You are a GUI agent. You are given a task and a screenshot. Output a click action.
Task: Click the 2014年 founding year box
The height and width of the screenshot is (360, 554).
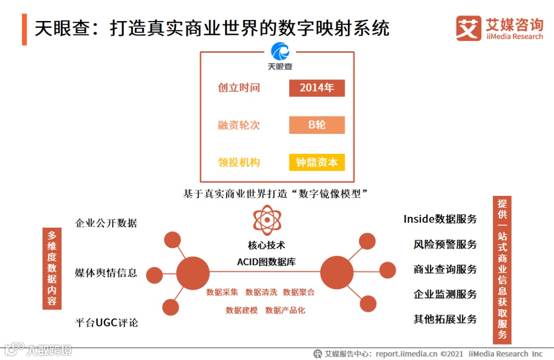tap(316, 88)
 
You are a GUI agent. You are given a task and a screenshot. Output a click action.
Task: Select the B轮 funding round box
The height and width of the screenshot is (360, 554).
tap(316, 125)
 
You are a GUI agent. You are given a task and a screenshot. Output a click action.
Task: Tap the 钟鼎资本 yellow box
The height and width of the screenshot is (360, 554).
tap(316, 163)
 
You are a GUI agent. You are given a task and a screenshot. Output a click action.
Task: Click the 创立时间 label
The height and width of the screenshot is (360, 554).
tap(239, 88)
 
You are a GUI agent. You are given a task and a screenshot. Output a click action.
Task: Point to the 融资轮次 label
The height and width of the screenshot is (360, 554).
tap(239, 125)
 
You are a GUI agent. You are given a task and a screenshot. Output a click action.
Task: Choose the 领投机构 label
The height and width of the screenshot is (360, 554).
tap(239, 163)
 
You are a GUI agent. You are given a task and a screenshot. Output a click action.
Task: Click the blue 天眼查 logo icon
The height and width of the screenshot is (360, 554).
tap(280, 52)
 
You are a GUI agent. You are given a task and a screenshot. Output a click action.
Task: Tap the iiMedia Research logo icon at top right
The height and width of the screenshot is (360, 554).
tap(468, 28)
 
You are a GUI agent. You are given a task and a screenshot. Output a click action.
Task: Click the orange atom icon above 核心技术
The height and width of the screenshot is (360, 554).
tap(267, 220)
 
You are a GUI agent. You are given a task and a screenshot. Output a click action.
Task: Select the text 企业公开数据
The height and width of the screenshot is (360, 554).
tap(106, 223)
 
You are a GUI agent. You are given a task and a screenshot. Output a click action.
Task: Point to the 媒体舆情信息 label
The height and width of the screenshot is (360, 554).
tap(106, 273)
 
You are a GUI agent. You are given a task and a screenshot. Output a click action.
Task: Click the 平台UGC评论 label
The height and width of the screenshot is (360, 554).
tap(106, 323)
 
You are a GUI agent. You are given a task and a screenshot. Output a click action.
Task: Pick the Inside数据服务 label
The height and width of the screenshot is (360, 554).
tap(440, 219)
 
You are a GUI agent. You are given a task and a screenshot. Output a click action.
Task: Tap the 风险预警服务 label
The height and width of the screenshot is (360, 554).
tap(445, 244)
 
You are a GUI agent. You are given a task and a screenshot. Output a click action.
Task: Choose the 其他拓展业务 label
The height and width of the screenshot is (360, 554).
tap(445, 319)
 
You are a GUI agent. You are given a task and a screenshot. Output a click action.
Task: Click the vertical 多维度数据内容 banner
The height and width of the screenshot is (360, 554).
tap(52, 268)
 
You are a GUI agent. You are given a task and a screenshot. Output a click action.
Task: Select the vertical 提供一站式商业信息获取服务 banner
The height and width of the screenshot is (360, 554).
tap(502, 270)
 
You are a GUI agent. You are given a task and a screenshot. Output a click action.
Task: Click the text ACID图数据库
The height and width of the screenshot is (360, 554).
tap(266, 262)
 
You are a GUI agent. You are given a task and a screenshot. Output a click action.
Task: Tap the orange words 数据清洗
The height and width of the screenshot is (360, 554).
tap(261, 292)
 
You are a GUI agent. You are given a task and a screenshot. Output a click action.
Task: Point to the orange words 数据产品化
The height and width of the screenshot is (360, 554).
tap(285, 310)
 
